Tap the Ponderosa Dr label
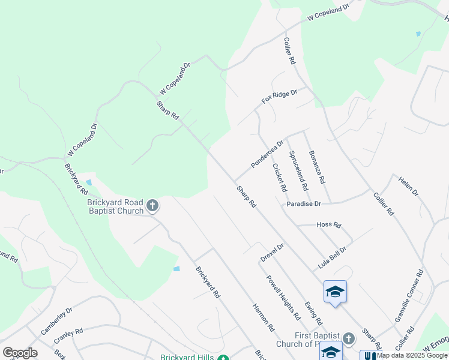(267, 154)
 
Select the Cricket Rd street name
(279, 178)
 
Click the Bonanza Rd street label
(317, 167)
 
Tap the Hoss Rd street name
(328, 225)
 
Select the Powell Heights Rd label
(283, 298)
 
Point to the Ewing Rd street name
(313, 313)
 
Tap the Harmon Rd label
(263, 319)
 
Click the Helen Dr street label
(408, 184)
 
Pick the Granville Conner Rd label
(409, 296)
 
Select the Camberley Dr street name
(56, 321)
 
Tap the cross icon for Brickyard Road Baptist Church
(152, 206)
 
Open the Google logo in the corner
(20, 352)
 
